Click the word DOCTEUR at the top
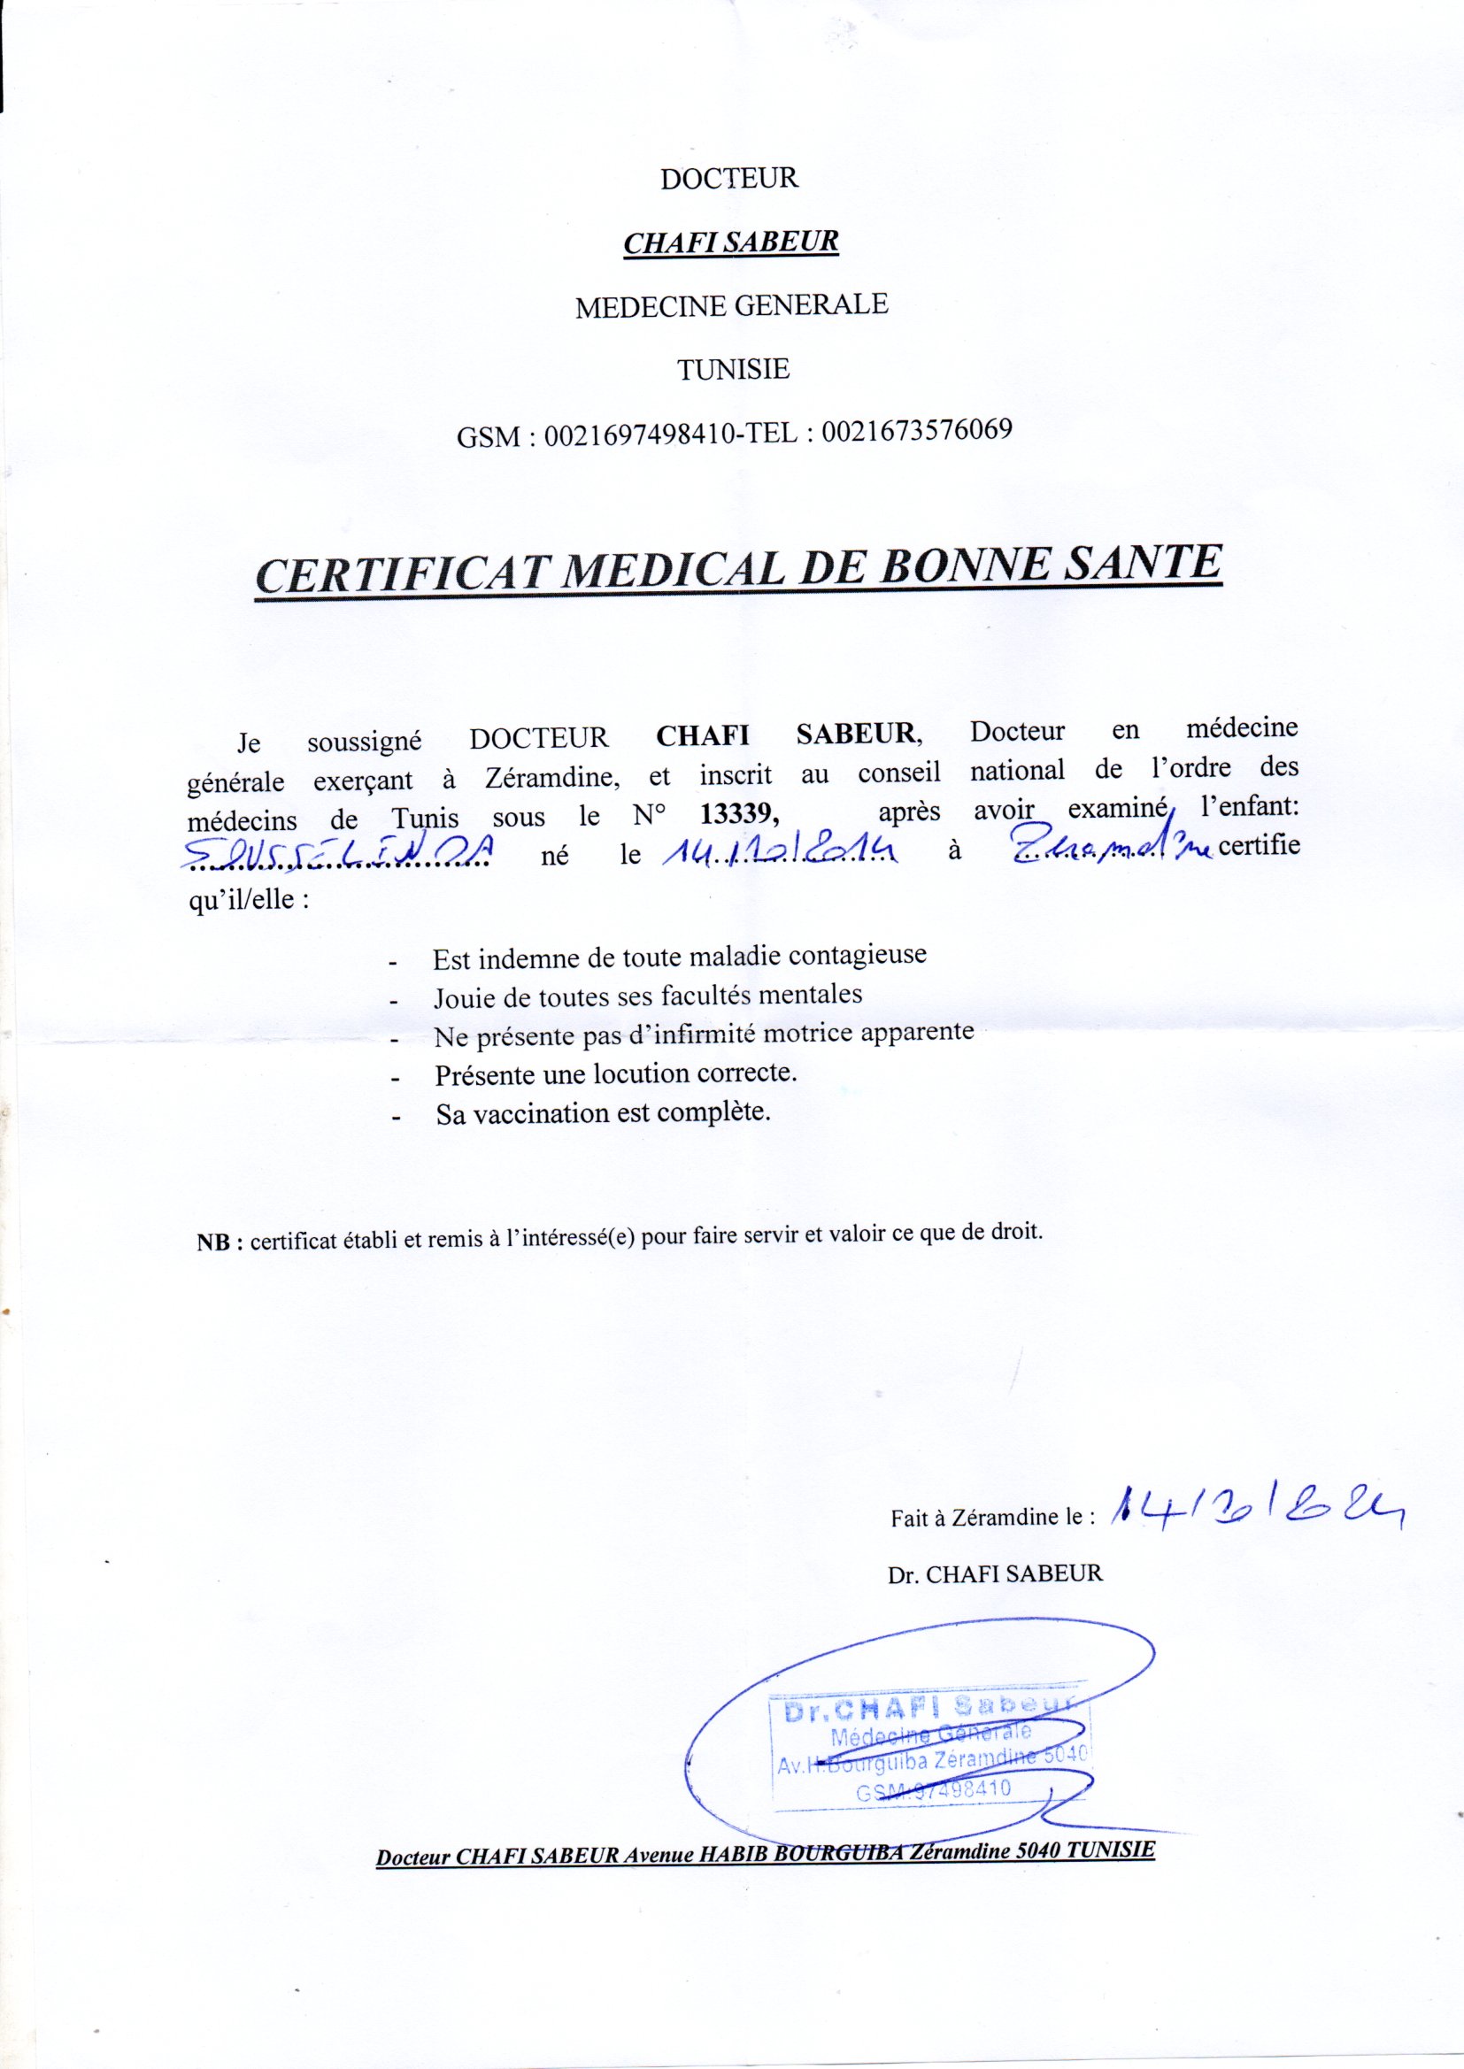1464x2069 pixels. (729, 178)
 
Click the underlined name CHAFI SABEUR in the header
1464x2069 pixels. (731, 242)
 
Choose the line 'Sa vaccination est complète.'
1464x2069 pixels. (603, 1113)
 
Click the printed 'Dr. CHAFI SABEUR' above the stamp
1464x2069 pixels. (994, 1573)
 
